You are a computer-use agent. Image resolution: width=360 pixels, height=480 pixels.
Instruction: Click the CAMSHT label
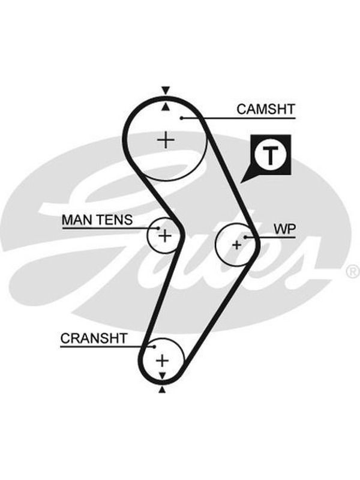click(265, 109)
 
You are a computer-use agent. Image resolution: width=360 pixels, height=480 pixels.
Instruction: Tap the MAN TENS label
click(97, 220)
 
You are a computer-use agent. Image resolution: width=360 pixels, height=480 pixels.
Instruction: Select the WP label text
click(284, 229)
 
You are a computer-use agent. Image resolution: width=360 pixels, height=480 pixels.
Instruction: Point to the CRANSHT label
click(94, 338)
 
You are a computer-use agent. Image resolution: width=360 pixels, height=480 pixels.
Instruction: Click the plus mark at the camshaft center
click(166, 140)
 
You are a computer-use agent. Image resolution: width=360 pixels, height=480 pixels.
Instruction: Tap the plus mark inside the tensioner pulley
click(164, 236)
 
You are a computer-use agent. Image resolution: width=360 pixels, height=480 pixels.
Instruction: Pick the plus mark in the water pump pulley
click(236, 245)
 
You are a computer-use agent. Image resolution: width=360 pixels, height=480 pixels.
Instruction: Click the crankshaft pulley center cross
click(162, 361)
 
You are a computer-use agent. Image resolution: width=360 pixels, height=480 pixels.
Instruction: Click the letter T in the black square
click(270, 155)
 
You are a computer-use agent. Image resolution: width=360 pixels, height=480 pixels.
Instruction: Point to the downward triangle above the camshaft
click(166, 91)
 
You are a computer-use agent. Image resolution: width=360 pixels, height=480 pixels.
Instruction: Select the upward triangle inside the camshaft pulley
click(166, 107)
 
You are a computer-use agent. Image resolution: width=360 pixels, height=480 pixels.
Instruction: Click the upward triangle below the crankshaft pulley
click(162, 389)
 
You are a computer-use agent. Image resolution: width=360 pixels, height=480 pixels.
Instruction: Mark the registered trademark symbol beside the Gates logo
click(352, 271)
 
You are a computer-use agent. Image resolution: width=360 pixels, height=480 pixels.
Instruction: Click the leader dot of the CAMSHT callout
click(182, 118)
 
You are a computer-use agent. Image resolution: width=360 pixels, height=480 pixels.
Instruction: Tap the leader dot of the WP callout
click(245, 237)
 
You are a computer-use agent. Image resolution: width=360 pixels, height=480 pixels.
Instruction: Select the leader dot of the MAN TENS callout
click(158, 228)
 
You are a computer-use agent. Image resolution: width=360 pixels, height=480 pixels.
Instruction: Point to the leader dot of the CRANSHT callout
click(154, 347)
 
